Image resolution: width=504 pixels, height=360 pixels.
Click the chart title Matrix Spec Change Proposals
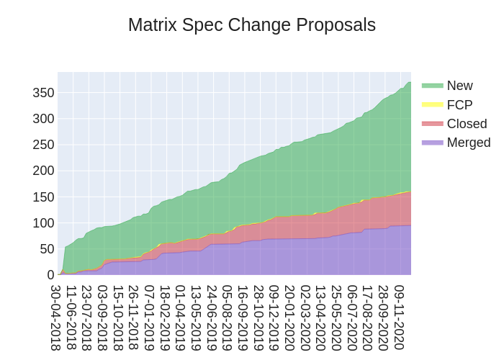(x=252, y=25)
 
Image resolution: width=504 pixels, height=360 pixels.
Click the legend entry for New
(x=459, y=86)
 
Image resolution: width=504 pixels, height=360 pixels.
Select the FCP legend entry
(x=459, y=105)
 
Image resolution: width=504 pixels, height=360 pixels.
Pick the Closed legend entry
(x=467, y=124)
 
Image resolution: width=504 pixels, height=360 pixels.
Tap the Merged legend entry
(x=468, y=143)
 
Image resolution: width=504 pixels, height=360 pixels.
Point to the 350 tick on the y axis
(x=43, y=92)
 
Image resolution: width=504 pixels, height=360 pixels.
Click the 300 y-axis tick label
(x=43, y=119)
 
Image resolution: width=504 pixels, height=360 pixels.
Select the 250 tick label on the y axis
(x=43, y=145)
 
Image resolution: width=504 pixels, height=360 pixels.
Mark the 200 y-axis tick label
(x=43, y=171)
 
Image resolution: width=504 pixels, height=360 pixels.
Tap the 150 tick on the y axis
(x=43, y=197)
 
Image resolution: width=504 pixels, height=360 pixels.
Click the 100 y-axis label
(x=43, y=223)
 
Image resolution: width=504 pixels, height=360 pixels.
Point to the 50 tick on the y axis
(x=47, y=249)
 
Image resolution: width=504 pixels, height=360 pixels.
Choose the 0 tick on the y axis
(x=50, y=275)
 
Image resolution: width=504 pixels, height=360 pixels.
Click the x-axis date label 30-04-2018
(x=55, y=318)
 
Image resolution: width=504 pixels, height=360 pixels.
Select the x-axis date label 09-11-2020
(x=400, y=318)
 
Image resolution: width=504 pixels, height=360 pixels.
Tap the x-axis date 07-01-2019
(x=150, y=318)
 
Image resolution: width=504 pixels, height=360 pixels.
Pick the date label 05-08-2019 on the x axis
(x=228, y=318)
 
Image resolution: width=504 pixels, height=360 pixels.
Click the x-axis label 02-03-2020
(x=306, y=318)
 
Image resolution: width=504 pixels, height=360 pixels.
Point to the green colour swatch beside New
(x=432, y=86)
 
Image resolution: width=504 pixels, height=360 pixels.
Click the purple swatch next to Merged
(x=432, y=143)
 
